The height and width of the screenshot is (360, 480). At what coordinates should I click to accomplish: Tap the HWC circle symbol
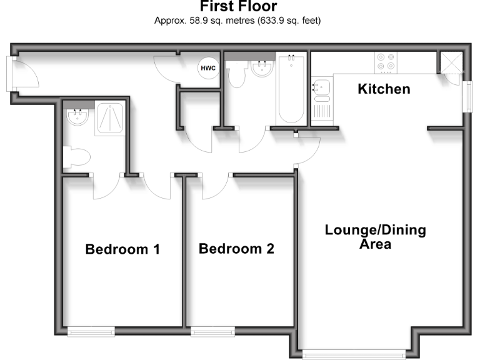[x=207, y=68]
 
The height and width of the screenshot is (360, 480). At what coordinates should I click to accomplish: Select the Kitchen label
[x=384, y=89]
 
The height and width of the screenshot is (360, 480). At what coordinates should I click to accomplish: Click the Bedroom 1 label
[x=122, y=249]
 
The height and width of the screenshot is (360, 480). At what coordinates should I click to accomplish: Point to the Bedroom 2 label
[x=236, y=249]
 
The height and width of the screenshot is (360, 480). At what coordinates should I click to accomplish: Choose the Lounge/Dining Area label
[x=375, y=237]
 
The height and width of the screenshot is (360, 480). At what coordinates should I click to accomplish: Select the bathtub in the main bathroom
[x=291, y=89]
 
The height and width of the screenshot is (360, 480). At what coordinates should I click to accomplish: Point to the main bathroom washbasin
[x=262, y=68]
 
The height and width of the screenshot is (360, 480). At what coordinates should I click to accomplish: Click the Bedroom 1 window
[x=91, y=332]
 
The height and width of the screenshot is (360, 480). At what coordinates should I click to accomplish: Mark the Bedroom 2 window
[x=212, y=332]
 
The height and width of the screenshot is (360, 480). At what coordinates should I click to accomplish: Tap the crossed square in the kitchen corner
[x=449, y=62]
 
